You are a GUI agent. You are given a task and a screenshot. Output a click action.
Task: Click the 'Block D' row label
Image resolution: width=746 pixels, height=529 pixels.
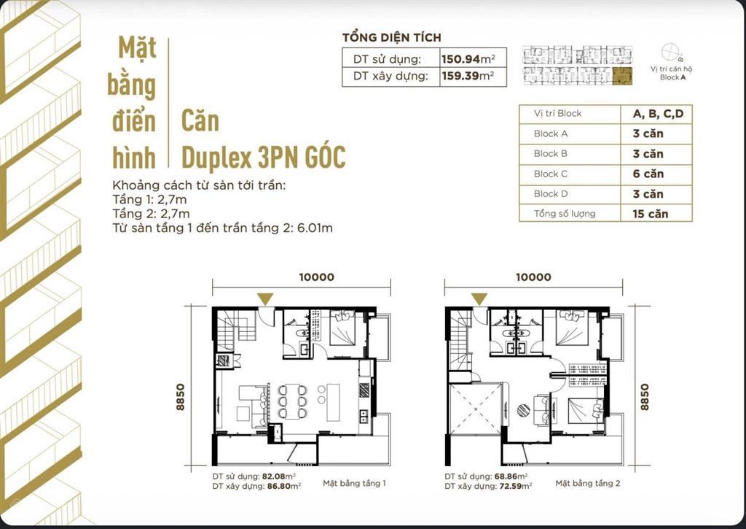click(551, 194)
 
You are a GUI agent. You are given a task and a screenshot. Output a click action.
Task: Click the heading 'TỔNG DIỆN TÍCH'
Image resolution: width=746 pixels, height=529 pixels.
click(392, 37)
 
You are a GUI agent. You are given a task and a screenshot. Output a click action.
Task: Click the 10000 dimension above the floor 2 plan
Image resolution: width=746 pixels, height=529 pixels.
click(534, 277)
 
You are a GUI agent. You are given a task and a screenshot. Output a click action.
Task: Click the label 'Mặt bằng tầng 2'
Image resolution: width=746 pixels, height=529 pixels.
click(588, 483)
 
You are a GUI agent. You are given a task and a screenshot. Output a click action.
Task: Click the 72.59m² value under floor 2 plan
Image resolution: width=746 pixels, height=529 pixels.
click(514, 484)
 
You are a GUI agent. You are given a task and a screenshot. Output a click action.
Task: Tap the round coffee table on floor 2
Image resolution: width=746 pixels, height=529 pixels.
click(524, 411)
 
